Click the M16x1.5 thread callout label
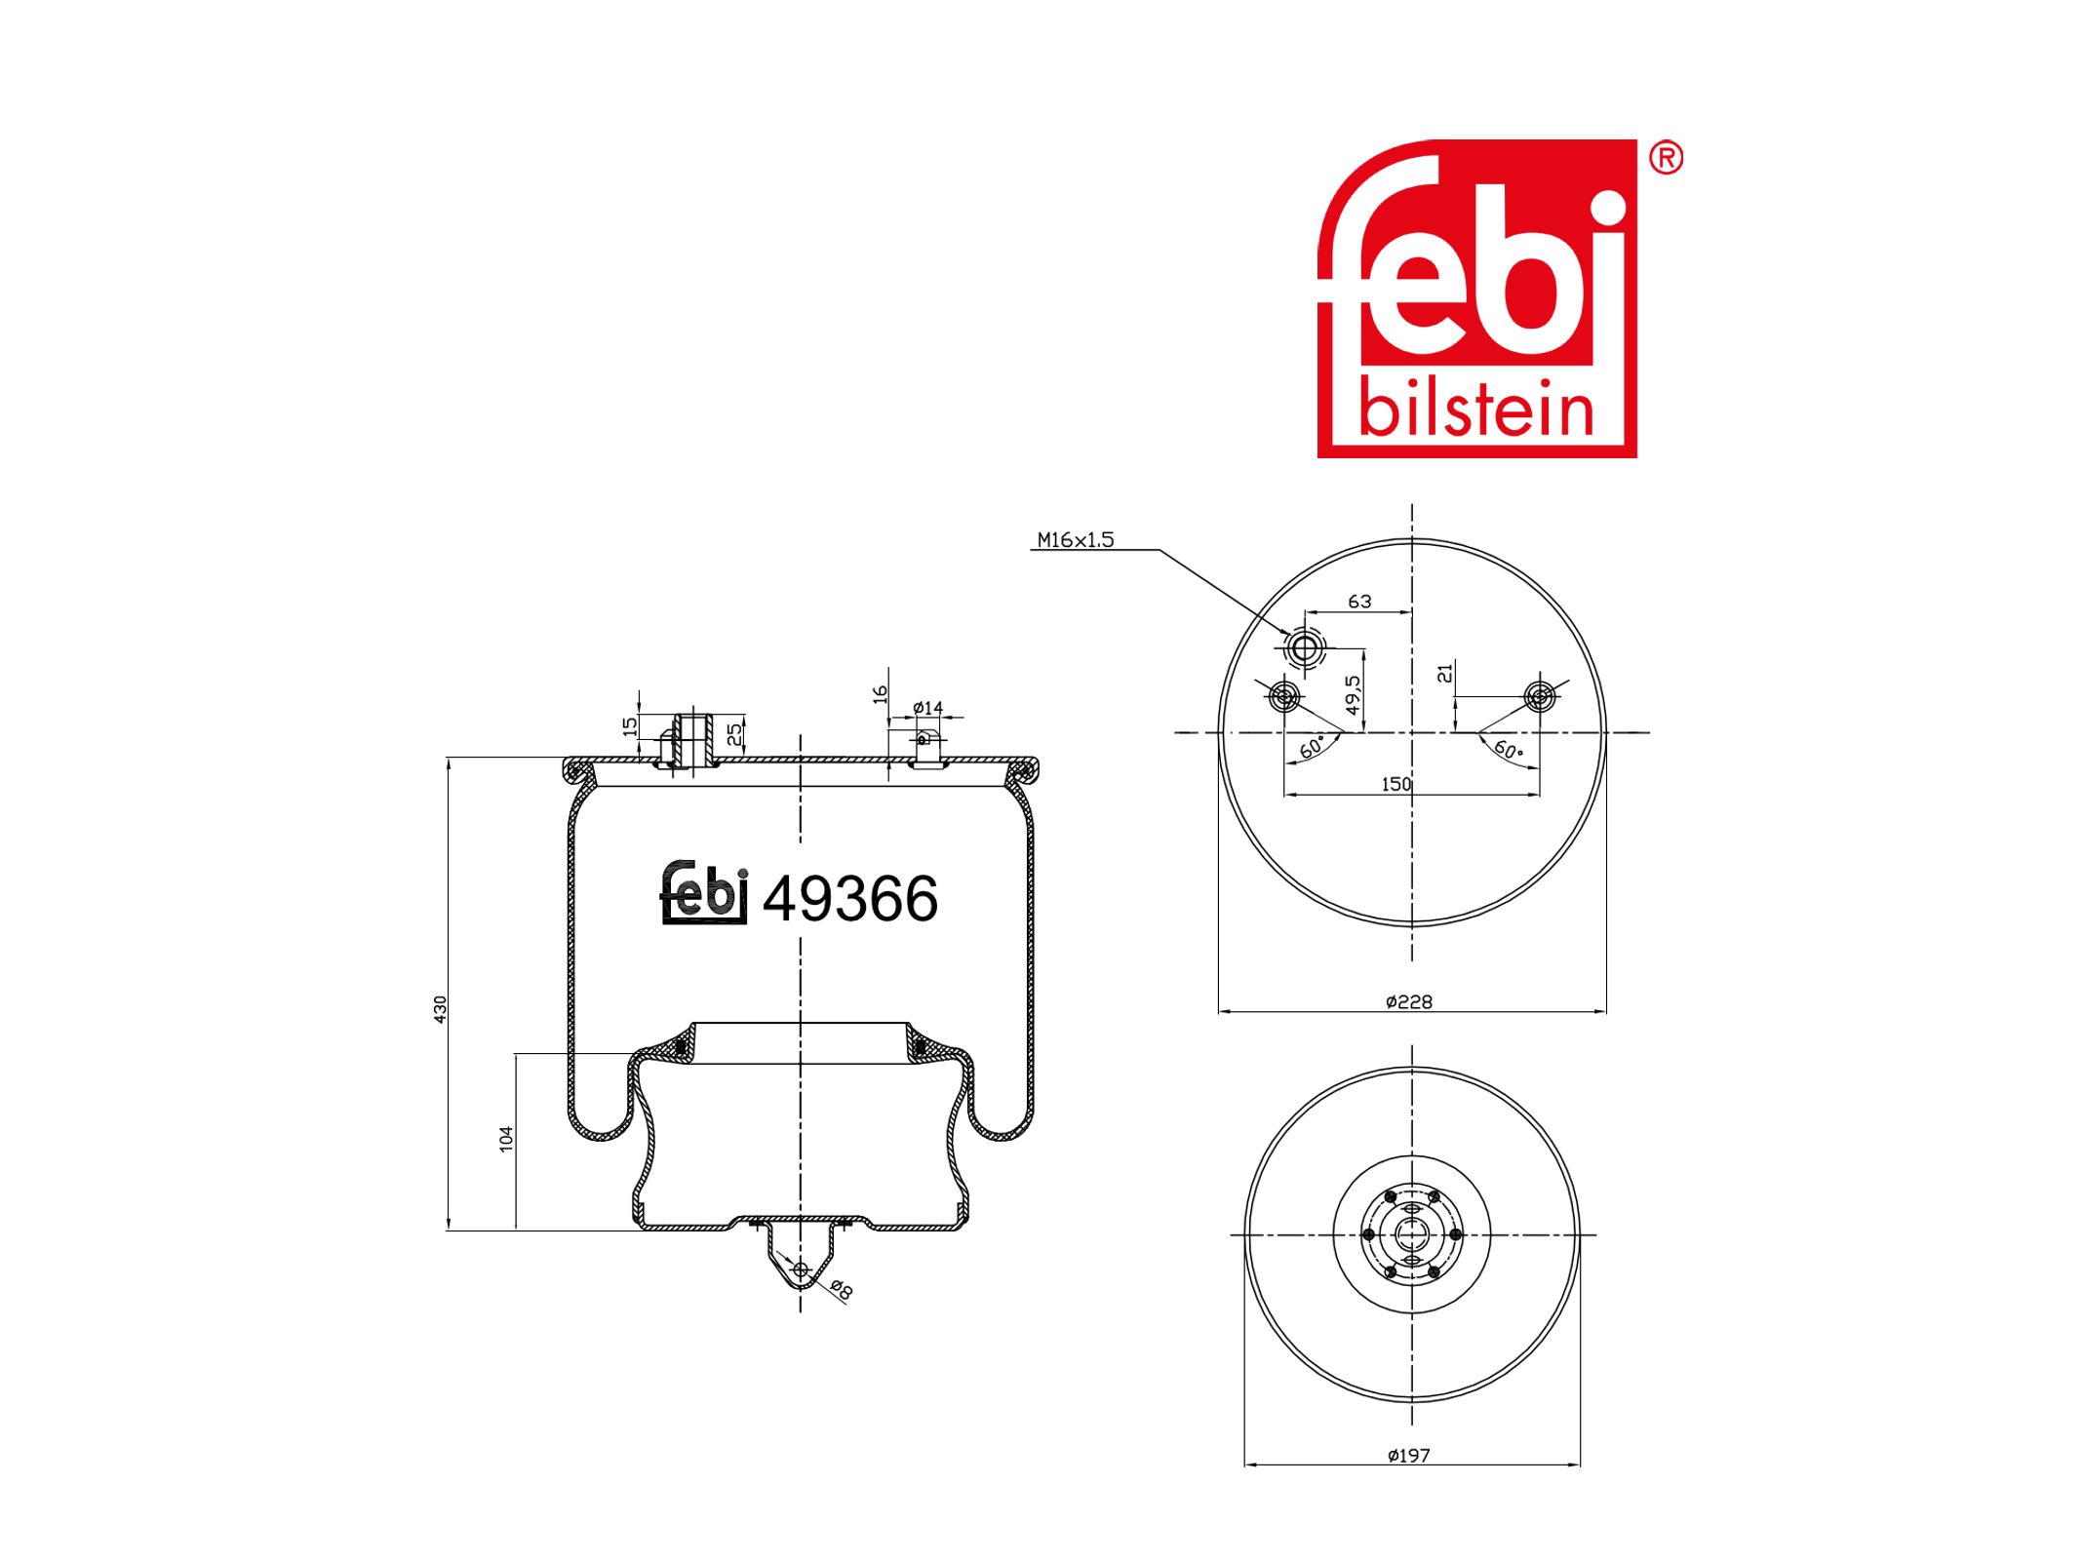coord(1075,539)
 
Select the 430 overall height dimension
coord(440,1008)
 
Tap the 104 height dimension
coord(506,1138)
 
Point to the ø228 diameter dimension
coord(1409,1001)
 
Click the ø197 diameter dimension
coord(1409,1455)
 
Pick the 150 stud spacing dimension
coord(1395,784)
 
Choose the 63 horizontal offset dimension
coord(1359,602)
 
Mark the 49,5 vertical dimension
coord(1353,695)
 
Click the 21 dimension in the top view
coord(1445,672)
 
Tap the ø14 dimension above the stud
coord(927,708)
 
